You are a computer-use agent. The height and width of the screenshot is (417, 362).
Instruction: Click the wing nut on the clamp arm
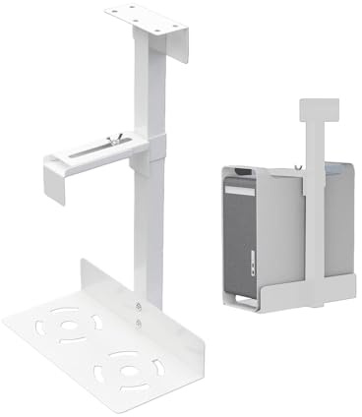115,144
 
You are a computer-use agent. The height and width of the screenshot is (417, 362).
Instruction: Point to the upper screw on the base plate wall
139,307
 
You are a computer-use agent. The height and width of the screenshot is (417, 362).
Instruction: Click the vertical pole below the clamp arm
151,236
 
